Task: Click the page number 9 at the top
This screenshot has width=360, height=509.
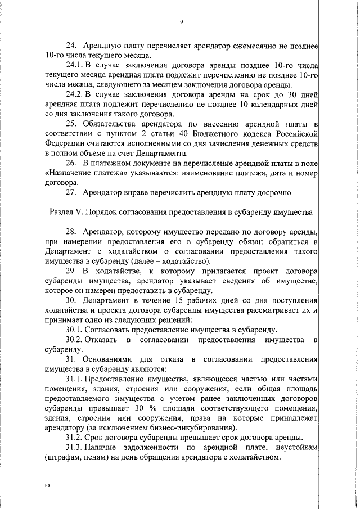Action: click(182, 22)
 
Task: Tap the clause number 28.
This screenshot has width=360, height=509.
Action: click(71, 232)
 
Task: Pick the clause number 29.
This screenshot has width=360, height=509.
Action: click(71, 271)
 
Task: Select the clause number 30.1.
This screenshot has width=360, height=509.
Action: click(74, 330)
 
